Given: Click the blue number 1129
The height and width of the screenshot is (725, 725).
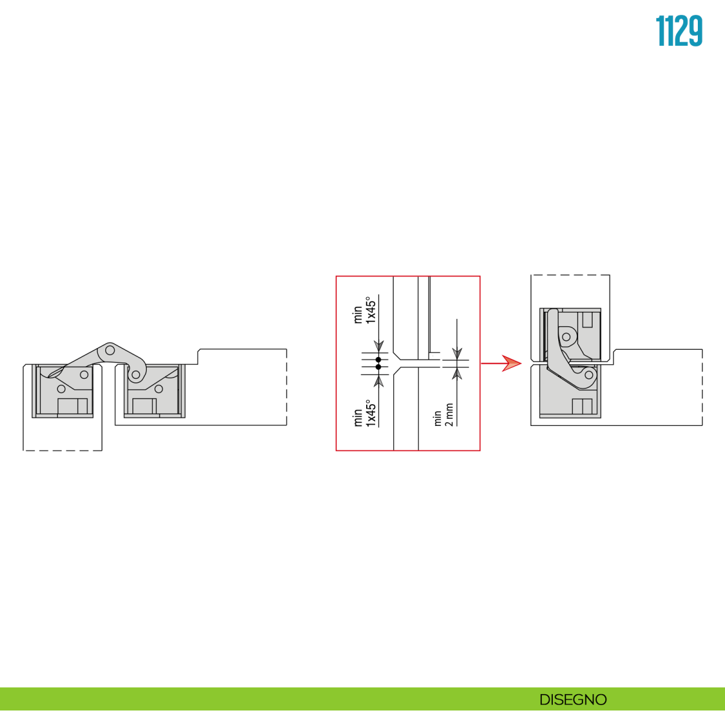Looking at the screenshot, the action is click(679, 31).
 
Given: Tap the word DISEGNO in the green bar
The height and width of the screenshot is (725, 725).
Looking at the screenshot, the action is click(573, 700).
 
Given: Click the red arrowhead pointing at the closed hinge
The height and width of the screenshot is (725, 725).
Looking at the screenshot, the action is click(512, 364).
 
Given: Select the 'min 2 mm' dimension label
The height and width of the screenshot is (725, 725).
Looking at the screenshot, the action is click(443, 414).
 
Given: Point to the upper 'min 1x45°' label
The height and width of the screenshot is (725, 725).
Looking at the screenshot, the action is click(364, 309).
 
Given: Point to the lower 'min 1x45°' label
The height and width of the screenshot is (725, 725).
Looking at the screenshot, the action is click(364, 413).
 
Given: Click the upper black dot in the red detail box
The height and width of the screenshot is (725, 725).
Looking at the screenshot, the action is click(378, 360).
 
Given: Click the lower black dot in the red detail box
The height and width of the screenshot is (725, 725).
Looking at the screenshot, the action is click(378, 367).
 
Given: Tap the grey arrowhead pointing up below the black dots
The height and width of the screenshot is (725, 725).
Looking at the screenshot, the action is click(379, 381).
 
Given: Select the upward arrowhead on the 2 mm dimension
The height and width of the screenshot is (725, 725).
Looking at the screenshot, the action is click(457, 374).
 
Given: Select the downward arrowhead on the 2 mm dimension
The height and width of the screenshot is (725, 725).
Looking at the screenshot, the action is click(457, 353).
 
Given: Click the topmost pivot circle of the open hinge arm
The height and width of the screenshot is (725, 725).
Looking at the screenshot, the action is click(110, 350).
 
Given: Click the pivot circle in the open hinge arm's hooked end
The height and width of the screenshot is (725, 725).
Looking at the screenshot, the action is click(136, 375).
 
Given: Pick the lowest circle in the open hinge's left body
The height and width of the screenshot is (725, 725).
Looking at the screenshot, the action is click(62, 388).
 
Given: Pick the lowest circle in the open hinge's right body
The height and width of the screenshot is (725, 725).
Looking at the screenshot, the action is click(159, 388).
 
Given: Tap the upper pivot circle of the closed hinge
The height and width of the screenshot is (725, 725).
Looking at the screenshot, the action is click(566, 337).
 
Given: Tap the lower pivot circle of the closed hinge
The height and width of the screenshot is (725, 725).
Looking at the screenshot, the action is click(589, 375).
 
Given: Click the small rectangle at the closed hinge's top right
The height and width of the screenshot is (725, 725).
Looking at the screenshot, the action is click(588, 320).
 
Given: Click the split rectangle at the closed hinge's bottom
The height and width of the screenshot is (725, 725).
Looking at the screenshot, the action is click(582, 407).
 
